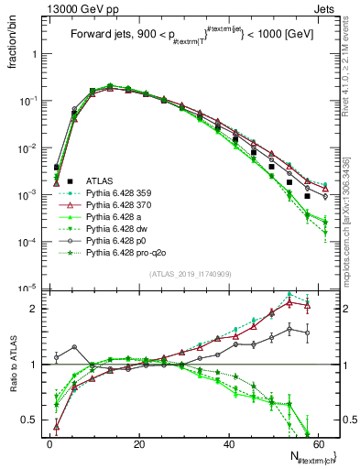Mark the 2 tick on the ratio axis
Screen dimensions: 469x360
tap(38, 309)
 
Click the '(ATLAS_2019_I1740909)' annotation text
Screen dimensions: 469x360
tap(189, 274)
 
